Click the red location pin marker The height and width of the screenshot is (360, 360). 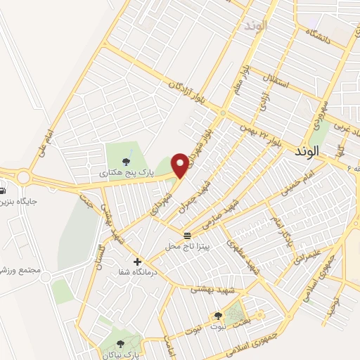click(181, 165)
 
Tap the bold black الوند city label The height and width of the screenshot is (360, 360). click(308, 151)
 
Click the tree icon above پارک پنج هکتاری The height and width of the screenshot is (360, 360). click(126, 159)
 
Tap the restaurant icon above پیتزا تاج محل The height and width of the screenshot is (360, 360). click(187, 236)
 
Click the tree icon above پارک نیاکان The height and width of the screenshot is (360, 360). click(120, 343)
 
